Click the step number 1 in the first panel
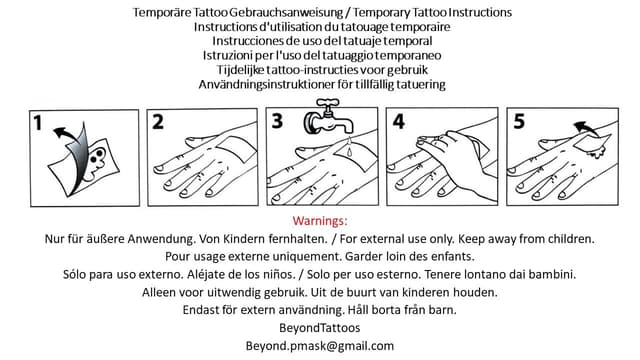37,125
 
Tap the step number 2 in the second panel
158,123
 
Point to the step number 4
399,123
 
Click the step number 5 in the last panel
519,123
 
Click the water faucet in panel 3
324,123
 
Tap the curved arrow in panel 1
66,135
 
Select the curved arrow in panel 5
587,128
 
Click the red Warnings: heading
320,220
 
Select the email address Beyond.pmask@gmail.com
320,346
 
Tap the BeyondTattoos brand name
320,328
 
